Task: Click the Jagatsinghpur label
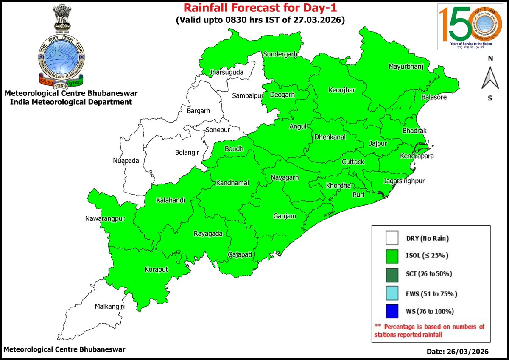(x=404, y=181)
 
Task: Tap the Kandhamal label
(x=232, y=183)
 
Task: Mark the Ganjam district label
(x=284, y=216)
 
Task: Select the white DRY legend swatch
(x=392, y=238)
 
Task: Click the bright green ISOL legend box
(x=392, y=256)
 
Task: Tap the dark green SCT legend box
(x=392, y=274)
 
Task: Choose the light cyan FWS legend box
(x=392, y=293)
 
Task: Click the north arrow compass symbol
(x=490, y=78)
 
